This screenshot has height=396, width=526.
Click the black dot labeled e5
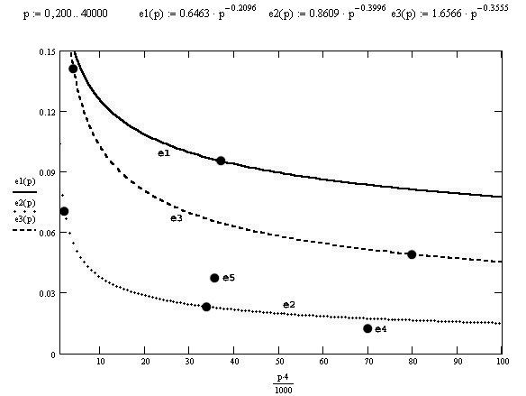pos(214,278)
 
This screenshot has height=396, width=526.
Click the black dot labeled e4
pos(367,328)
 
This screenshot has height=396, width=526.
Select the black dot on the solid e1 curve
pos(221,161)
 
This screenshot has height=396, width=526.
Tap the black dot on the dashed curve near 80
pos(412,254)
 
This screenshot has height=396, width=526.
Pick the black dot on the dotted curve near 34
pos(206,307)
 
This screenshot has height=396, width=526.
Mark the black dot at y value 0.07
pos(64,211)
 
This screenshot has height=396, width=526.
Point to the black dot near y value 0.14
pos(73,69)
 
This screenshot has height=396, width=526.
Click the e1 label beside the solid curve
pos(164,153)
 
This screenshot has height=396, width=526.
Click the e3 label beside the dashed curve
pos(177,218)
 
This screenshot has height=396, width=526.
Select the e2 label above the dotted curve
pos(289,305)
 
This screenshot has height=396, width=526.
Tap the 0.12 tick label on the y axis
pos(47,112)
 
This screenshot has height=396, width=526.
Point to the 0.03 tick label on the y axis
pos(47,293)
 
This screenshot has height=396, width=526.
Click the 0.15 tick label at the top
pos(47,52)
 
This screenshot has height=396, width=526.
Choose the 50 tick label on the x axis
pos(279,362)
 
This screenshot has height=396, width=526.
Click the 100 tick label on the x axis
pos(503,362)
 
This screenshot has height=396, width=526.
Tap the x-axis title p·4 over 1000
pos(283,383)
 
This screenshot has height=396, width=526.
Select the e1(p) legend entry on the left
pos(25,181)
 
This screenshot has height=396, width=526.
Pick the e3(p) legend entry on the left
pos(25,219)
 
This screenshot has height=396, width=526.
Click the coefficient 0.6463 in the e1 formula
pos(195,14)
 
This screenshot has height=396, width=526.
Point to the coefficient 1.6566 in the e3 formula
pos(446,14)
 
